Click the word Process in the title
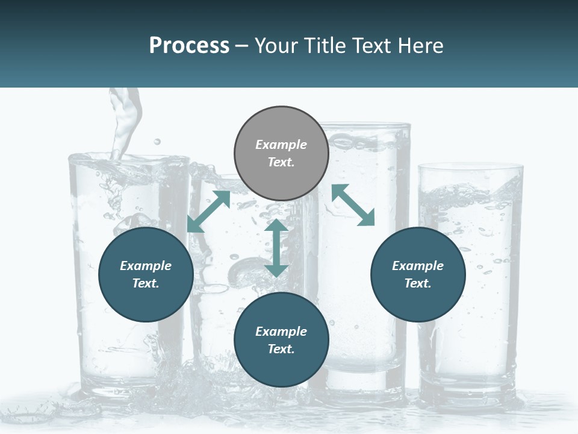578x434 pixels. (x=189, y=46)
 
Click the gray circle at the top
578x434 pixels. (x=281, y=154)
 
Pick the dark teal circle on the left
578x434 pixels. (x=146, y=274)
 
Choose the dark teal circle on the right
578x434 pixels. (x=418, y=274)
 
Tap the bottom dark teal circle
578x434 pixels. (x=281, y=340)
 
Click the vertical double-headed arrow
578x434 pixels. (x=276, y=248)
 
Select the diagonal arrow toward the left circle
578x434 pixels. (x=208, y=211)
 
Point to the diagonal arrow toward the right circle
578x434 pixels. (x=353, y=206)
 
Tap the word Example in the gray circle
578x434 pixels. (x=281, y=145)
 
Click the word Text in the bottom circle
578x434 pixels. (x=281, y=349)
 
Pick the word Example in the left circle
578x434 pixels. (x=146, y=266)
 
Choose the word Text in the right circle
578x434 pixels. (x=418, y=283)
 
